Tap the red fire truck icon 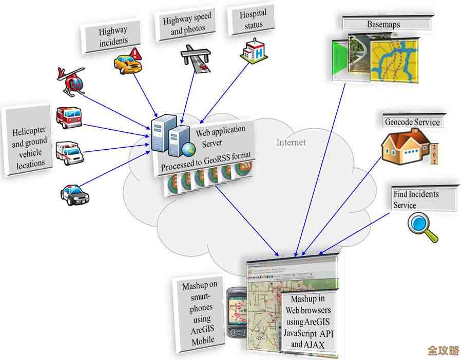(69, 117)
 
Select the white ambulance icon (70, 152)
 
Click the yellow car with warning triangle (127, 62)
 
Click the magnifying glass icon (422, 227)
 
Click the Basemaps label (383, 24)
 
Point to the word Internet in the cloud (291, 142)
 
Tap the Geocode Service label (412, 122)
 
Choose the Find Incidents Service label (416, 199)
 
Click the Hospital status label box (252, 20)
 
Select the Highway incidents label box (113, 36)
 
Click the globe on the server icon (188, 149)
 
